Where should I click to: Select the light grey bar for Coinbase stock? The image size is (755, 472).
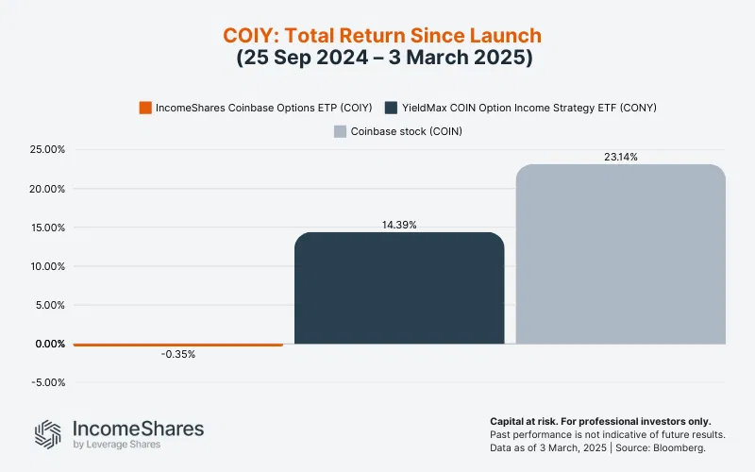click(x=620, y=254)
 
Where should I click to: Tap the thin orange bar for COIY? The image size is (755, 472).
click(x=177, y=345)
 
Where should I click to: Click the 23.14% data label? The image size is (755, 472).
click(x=620, y=157)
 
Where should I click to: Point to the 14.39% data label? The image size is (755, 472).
click(x=399, y=225)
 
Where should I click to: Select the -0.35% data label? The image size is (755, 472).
click(x=177, y=355)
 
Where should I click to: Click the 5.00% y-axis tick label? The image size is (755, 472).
click(x=46, y=305)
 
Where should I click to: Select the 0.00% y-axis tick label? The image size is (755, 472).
click(x=46, y=344)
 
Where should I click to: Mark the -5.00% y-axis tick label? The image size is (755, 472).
click(x=45, y=382)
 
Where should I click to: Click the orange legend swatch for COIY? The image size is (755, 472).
click(x=145, y=108)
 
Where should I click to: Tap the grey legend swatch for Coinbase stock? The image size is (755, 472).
click(x=340, y=131)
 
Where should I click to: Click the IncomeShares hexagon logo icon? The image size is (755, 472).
click(x=49, y=433)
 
